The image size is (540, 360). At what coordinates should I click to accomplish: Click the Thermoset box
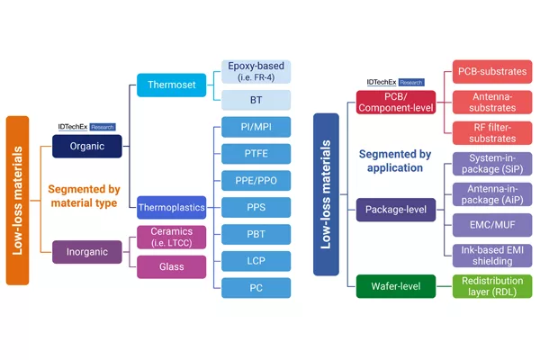(x=172, y=85)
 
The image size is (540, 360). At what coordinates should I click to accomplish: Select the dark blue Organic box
(x=87, y=147)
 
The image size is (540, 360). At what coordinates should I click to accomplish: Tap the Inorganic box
(x=87, y=252)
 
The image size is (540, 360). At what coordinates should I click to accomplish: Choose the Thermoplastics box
(x=172, y=207)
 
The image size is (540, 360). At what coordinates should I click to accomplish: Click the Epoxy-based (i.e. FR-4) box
(x=256, y=72)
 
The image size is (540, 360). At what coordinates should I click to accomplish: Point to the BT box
(x=256, y=100)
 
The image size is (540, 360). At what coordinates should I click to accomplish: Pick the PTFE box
(x=256, y=154)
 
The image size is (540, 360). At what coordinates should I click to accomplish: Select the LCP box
(x=256, y=261)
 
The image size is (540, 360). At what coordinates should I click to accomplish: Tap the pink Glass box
(x=172, y=267)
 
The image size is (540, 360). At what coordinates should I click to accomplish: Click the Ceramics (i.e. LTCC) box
(x=172, y=237)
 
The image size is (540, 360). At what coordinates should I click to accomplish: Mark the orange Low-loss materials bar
(x=18, y=201)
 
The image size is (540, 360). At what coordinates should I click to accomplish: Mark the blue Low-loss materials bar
(x=326, y=194)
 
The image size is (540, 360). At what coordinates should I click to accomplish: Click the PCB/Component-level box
(x=396, y=103)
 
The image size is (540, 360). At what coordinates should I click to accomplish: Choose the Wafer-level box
(x=396, y=286)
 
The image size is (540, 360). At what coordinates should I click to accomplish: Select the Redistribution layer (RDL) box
(x=492, y=286)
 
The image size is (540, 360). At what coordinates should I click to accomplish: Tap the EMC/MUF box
(x=492, y=225)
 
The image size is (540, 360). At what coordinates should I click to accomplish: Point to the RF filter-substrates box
(x=492, y=133)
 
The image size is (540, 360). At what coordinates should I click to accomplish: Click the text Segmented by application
(x=395, y=161)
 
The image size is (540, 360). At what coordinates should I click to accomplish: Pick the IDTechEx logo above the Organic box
(x=86, y=127)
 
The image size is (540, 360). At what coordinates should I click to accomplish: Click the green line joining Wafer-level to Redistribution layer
(x=445, y=286)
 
